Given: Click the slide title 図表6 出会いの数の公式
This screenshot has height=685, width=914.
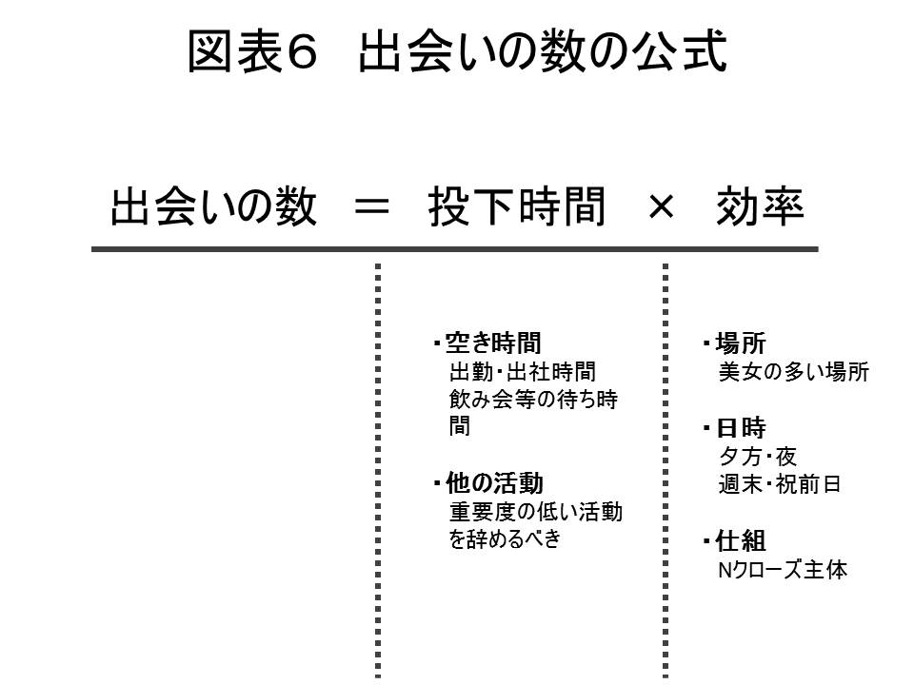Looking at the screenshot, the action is coord(457,52).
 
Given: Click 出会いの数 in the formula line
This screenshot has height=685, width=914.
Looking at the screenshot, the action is coord(213,207).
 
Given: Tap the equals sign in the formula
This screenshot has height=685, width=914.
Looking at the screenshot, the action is coord(371,207).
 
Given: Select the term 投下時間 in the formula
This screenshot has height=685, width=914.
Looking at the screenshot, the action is coord(516,207).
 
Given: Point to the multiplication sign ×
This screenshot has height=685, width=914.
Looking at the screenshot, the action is coord(660,207).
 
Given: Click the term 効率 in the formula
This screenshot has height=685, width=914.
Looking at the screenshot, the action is coord(760,207).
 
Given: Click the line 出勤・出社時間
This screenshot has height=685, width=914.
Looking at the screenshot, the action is coord(523,371).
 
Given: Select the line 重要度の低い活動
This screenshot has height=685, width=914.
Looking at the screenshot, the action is coord(535,511).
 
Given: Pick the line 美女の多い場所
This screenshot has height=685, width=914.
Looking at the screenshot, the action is coord(793,372).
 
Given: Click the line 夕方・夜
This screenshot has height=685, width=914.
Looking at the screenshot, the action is coord(758,456).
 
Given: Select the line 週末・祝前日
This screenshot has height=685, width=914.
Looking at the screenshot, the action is coord(780,483).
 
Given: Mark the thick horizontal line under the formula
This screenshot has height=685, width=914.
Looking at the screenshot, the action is coord(454,248).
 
